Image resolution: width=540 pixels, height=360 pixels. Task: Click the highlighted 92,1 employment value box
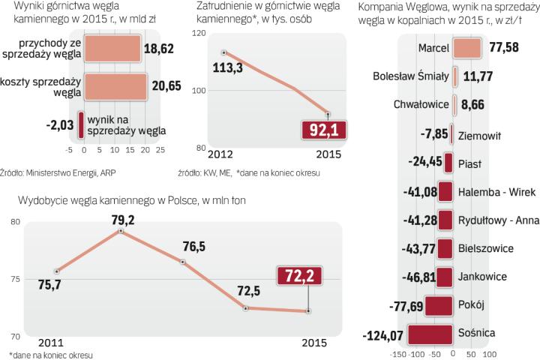pyautogui.click(x=325, y=131)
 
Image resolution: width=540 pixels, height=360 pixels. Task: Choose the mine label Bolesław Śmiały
pyautogui.click(x=411, y=76)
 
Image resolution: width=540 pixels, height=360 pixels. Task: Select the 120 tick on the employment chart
pyautogui.click(x=199, y=34)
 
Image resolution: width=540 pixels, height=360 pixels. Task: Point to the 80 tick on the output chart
pyautogui.click(x=15, y=221)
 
